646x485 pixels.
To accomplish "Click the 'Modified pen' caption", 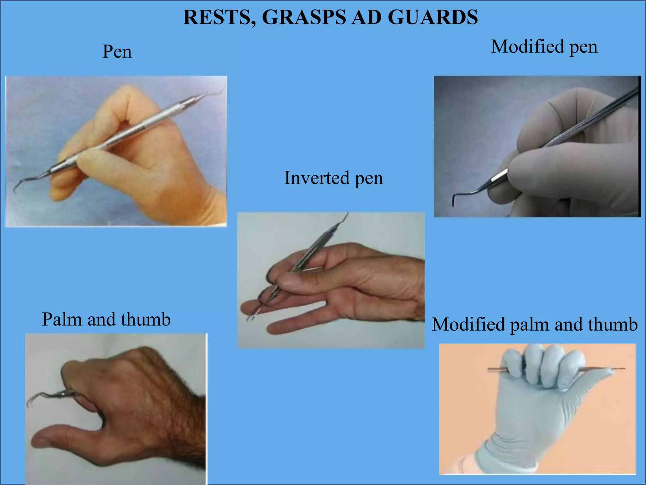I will coord(544,47).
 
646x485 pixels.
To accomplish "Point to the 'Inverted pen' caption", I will coord(333,178).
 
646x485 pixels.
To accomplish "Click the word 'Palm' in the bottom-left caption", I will coord(62,319).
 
